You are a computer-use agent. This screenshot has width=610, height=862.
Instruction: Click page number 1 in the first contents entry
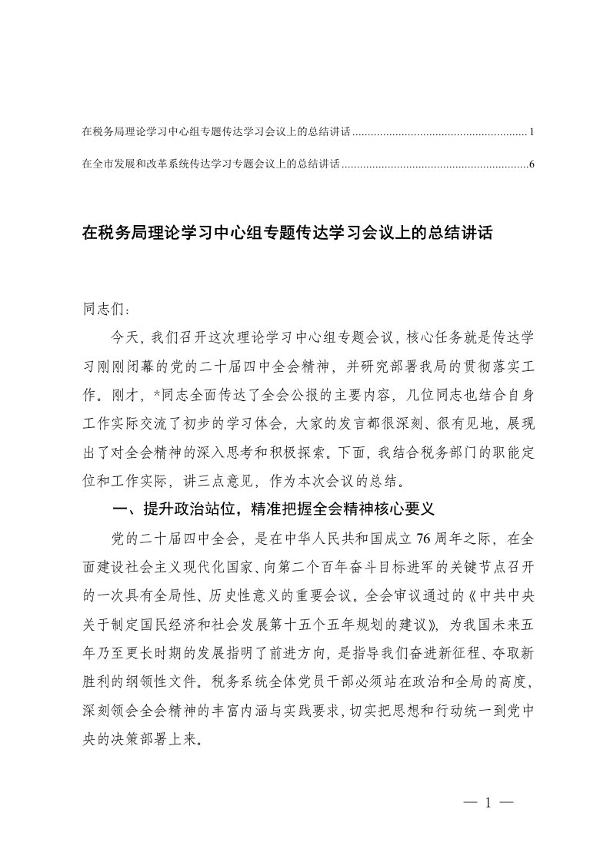(x=532, y=133)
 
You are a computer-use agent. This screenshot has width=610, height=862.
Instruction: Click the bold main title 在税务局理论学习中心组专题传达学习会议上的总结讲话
(x=286, y=230)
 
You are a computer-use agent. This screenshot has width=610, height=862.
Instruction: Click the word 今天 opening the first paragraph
(x=125, y=337)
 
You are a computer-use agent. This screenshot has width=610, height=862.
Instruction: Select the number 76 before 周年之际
(x=395, y=538)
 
